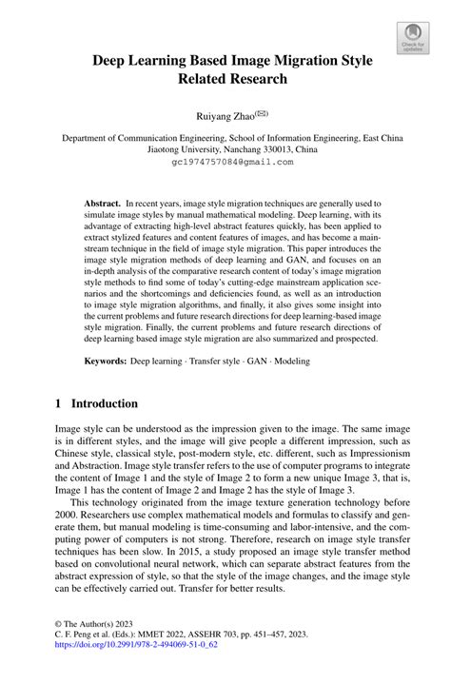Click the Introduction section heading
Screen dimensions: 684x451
pos(105,403)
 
